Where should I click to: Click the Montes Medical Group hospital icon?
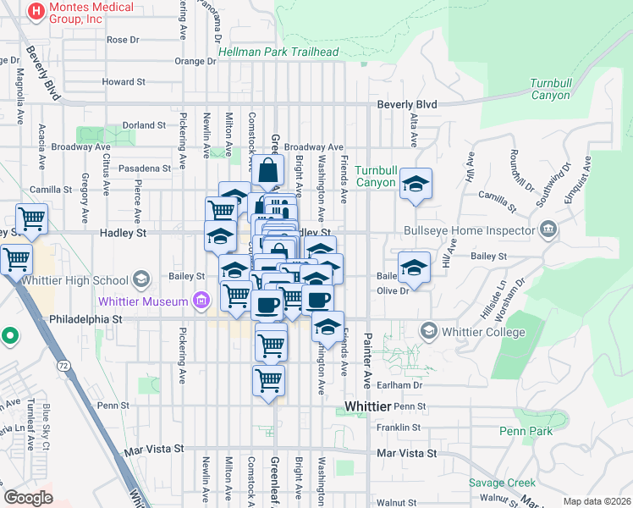pyautogui.click(x=36, y=12)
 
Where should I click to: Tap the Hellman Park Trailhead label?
pyautogui.click(x=278, y=52)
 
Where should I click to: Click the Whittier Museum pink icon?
pyautogui.click(x=201, y=300)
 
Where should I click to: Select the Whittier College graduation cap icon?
pyautogui.click(x=428, y=330)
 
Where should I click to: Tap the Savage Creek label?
pyautogui.click(x=502, y=483)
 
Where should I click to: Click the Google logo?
pyautogui.click(x=29, y=498)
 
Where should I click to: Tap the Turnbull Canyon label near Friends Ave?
pyautogui.click(x=376, y=176)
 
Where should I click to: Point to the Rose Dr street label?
pyautogui.click(x=123, y=40)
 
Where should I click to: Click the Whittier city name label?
pyautogui.click(x=369, y=408)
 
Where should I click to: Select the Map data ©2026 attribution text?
pyautogui.click(x=597, y=501)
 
